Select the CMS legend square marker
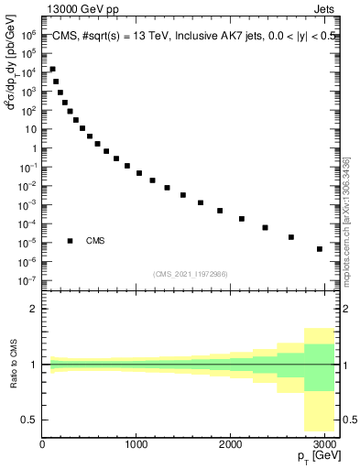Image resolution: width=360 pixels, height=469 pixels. click(x=71, y=241)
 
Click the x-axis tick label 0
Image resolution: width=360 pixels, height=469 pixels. click(x=42, y=445)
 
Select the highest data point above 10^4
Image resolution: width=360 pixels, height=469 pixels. click(x=52, y=70)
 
